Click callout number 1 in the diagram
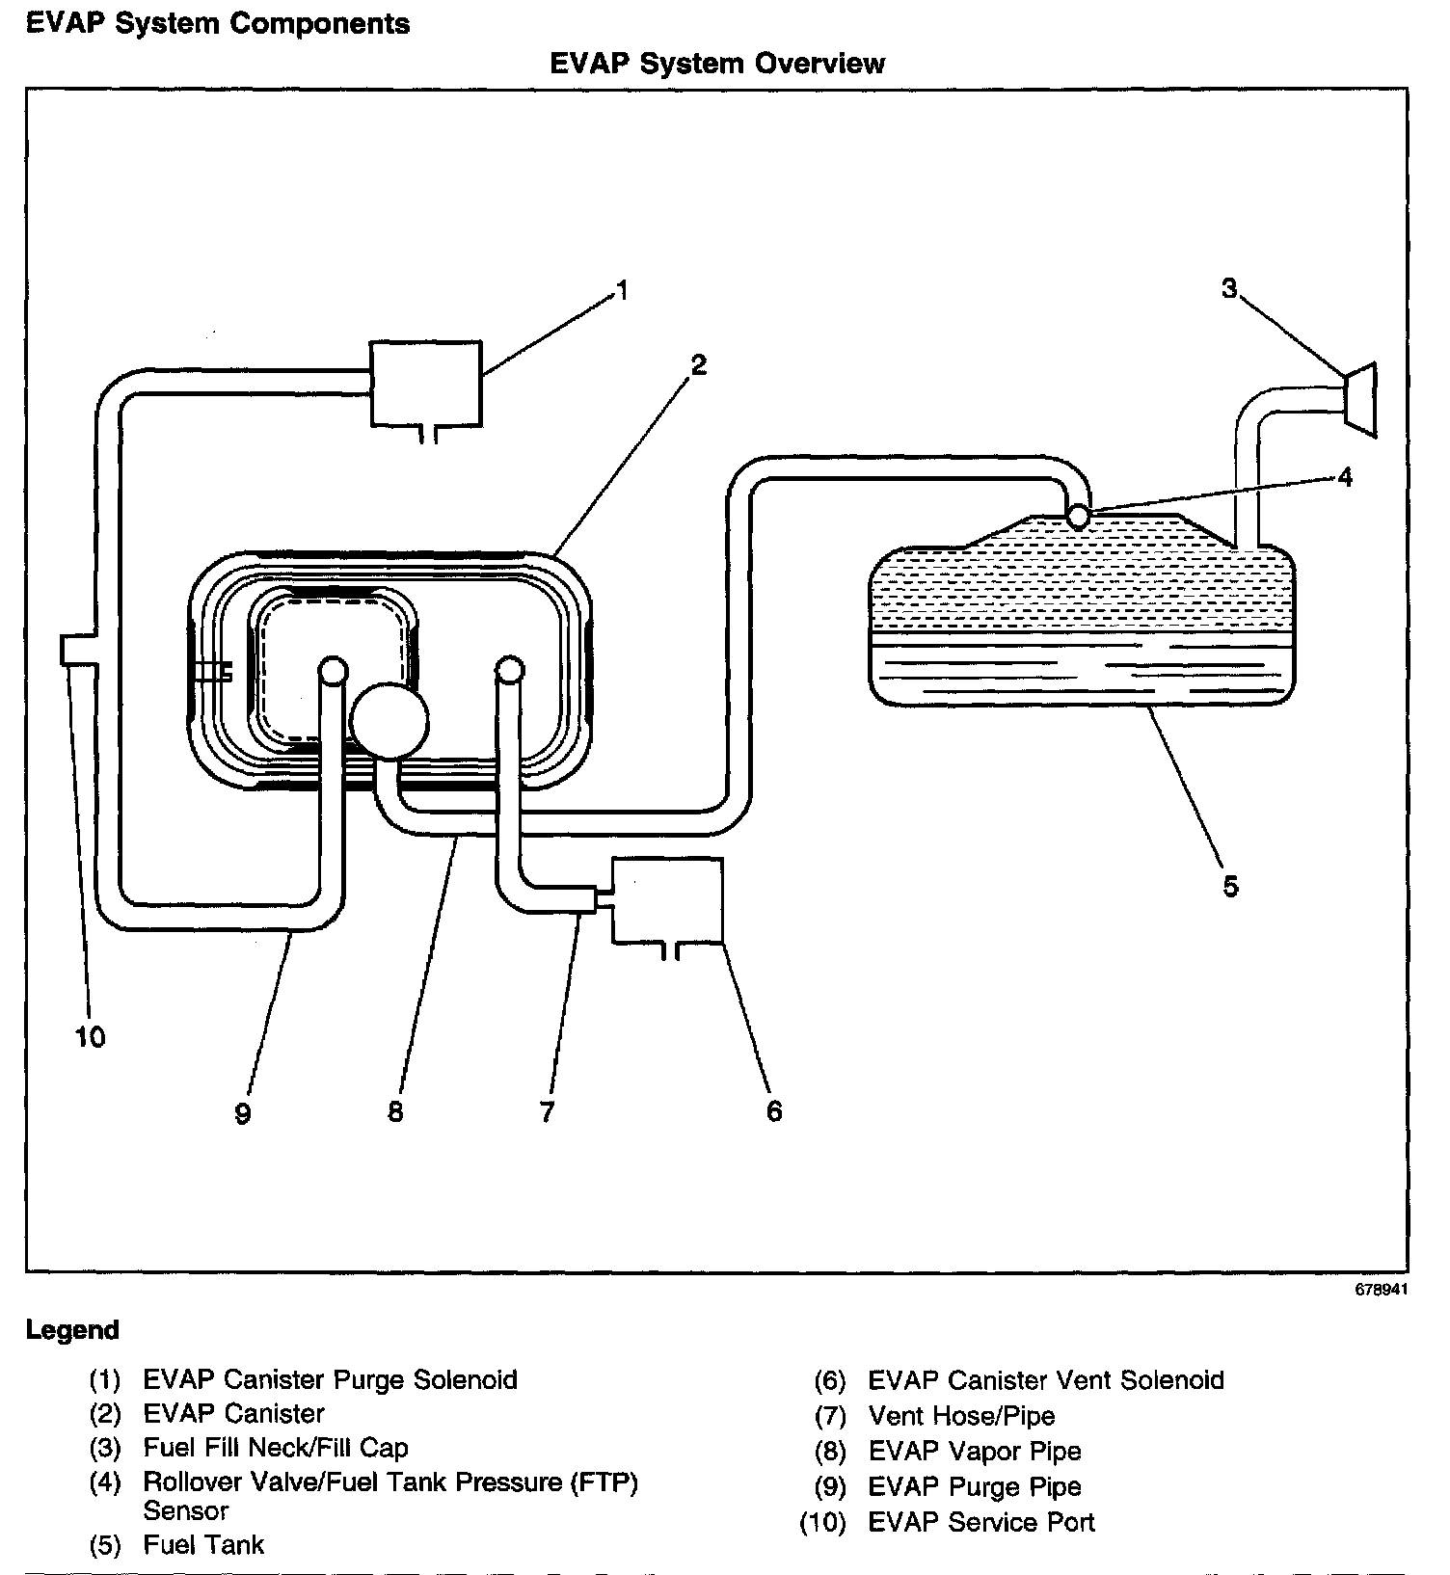623,290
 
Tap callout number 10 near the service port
90,1037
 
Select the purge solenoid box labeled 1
426,383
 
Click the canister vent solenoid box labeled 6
667,899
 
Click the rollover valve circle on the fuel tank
1079,517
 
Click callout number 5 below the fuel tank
1230,886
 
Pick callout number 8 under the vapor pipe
395,1111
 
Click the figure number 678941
1381,1290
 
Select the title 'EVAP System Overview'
717,64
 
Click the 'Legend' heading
72,1330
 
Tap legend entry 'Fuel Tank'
203,1545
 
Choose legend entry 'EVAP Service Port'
980,1522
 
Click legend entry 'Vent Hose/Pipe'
961,1416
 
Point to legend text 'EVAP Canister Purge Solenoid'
330,1379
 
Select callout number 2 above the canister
698,364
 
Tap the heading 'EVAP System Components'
218,23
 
